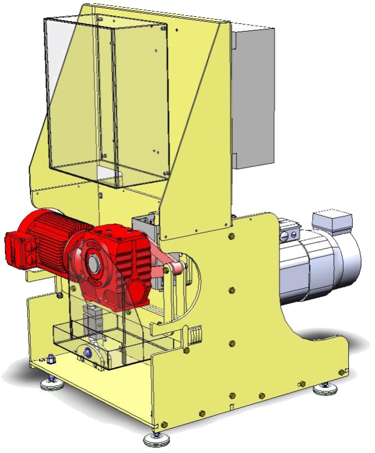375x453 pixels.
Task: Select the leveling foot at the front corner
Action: click(x=156, y=438)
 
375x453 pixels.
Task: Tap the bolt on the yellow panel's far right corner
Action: click(x=342, y=372)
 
